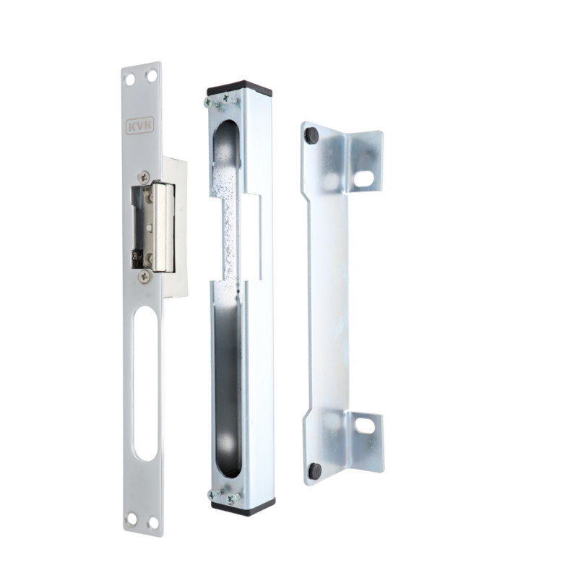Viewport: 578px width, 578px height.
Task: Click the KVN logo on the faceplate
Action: click(139, 126)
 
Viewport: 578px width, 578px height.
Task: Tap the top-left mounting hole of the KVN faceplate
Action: click(130, 79)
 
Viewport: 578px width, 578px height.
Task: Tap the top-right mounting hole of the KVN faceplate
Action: click(151, 77)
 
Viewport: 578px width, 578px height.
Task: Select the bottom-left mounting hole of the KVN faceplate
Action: click(131, 519)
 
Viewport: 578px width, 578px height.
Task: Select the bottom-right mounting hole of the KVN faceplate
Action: click(153, 522)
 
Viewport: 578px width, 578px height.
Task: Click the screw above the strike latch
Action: click(144, 177)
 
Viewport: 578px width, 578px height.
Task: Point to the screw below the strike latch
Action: click(145, 276)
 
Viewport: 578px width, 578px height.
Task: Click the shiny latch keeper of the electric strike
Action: click(164, 227)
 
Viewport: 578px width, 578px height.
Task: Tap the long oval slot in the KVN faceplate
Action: click(145, 384)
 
